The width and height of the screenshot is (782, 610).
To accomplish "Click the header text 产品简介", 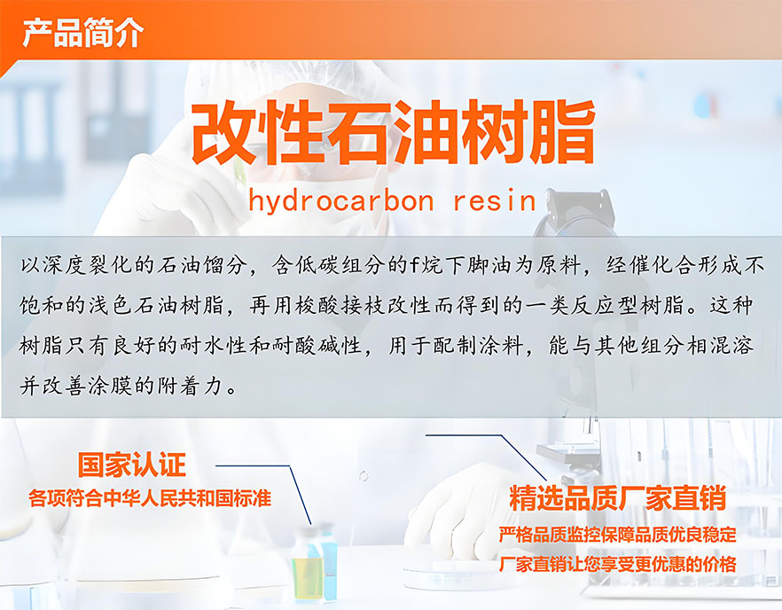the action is pos(82,33).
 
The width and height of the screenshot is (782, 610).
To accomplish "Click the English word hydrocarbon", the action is pos(341,201).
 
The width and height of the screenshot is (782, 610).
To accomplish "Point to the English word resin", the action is pos(495,201).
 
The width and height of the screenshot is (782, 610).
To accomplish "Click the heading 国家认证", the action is pos(131,465).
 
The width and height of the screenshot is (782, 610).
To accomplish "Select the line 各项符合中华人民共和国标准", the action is pos(150,497).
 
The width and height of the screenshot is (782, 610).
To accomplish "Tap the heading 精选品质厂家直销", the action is pos(617,498).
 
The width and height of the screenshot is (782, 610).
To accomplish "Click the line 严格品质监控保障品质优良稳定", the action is pos(617,534).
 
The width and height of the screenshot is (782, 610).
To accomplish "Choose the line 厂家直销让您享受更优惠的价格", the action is pos(617,564).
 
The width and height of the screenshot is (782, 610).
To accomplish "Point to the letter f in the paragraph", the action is pos(415,265).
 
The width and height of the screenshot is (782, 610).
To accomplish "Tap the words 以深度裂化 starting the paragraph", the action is pos(75,265).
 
